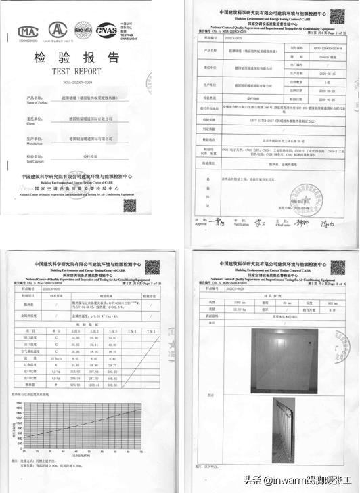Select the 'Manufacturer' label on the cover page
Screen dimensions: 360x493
click(x=35, y=144)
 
